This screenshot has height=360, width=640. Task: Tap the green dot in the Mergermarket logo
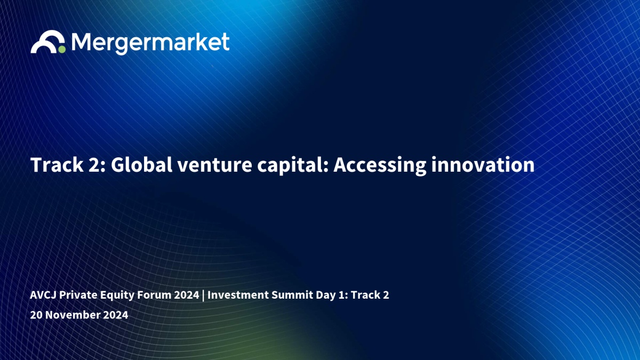pyautogui.click(x=62, y=50)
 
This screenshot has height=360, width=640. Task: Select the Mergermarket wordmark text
pyautogui.click(x=150, y=43)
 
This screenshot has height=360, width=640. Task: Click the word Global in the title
pyautogui.click(x=141, y=165)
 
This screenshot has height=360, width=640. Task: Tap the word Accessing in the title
pyautogui.click(x=380, y=166)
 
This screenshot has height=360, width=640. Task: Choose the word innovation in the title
pyautogui.click(x=483, y=165)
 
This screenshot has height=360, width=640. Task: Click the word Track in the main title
pyautogui.click(x=57, y=165)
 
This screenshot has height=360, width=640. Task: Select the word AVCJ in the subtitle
pyautogui.click(x=43, y=295)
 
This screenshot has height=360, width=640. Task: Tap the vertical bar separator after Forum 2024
pyautogui.click(x=203, y=295)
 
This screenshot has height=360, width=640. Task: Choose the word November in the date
pyautogui.click(x=73, y=315)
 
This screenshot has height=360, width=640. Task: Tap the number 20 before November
pyautogui.click(x=36, y=315)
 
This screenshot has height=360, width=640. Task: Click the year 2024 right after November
pyautogui.click(x=115, y=315)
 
